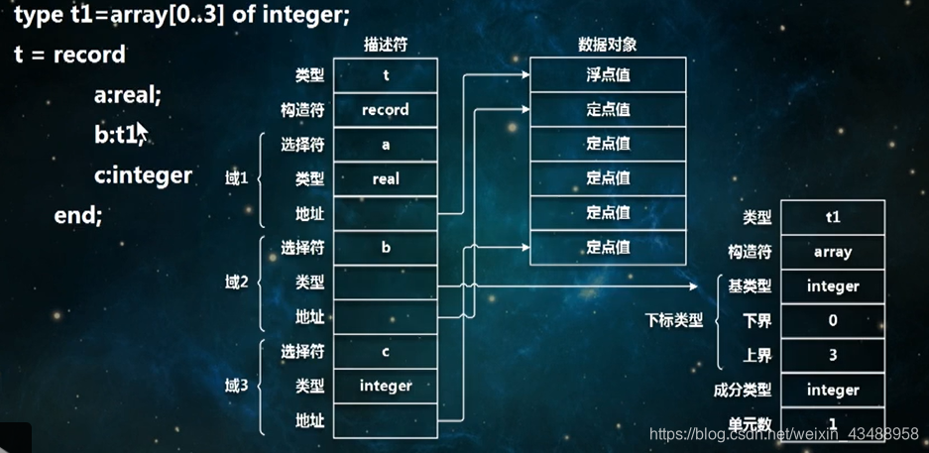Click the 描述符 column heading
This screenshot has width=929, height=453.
tap(385, 45)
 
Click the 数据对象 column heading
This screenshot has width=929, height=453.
tap(607, 45)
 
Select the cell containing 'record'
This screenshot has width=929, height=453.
tap(385, 109)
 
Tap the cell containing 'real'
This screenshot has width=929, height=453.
tap(385, 178)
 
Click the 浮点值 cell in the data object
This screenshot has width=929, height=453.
tap(608, 74)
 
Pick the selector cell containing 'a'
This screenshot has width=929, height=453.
tap(385, 144)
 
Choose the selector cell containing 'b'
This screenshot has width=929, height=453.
tap(385, 248)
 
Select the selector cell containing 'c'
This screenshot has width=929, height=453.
tap(385, 352)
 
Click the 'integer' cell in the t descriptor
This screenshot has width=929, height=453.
tap(385, 386)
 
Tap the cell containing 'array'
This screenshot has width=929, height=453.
tap(832, 252)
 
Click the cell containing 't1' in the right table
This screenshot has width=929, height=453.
tap(832, 217)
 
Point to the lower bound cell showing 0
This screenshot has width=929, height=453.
tap(832, 320)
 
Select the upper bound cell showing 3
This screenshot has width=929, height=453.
tap(832, 355)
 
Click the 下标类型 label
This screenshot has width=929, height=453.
tap(673, 320)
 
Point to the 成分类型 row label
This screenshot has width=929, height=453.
tap(743, 390)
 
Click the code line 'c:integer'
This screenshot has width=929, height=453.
tap(143, 175)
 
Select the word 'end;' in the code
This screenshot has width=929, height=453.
tap(78, 214)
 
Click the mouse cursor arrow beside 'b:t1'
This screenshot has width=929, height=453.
tap(141, 131)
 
